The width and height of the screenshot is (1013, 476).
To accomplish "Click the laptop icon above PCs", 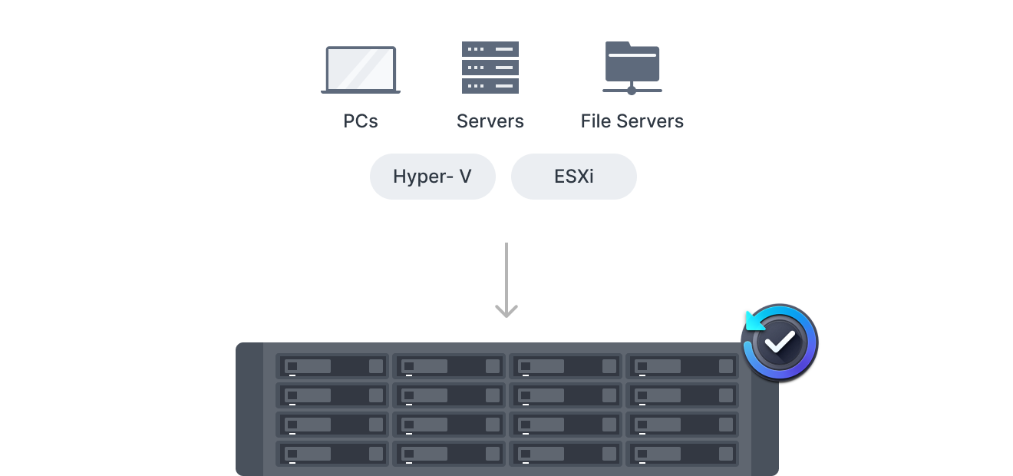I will point(361,70).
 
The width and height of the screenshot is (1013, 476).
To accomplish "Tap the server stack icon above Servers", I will point(490,68).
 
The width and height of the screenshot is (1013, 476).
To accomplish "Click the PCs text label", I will point(361,121).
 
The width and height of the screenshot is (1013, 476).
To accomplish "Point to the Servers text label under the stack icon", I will point(490,121).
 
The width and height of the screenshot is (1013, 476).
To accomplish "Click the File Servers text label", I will point(632,121).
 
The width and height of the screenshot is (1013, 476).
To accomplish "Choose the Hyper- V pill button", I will point(433,177).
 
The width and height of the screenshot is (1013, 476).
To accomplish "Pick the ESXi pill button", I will point(574,177).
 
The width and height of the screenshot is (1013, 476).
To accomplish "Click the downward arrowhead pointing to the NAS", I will point(506,310).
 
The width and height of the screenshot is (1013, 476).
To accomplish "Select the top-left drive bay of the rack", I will point(333,366).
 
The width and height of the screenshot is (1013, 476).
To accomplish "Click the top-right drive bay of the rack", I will point(682,366).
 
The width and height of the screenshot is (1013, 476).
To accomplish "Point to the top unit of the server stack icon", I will point(490,49).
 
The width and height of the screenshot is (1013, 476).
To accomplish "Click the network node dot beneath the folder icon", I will point(632,91).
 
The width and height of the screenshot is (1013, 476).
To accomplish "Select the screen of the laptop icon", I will point(361,68).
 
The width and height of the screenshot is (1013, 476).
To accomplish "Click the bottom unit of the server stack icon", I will point(490,86).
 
